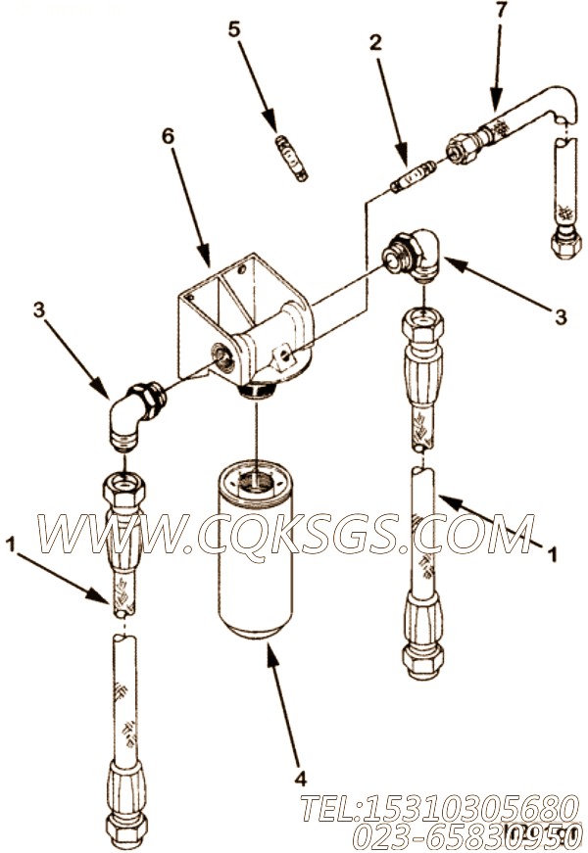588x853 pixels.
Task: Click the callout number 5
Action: pyautogui.click(x=233, y=29)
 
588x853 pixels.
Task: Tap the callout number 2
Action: pyautogui.click(x=375, y=43)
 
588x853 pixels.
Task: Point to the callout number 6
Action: pyautogui.click(x=168, y=136)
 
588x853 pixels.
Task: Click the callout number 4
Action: pyautogui.click(x=300, y=779)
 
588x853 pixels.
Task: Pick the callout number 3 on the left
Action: pyautogui.click(x=38, y=309)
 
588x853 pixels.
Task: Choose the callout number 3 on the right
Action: pyautogui.click(x=561, y=316)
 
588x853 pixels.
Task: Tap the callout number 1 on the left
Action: pyautogui.click(x=11, y=544)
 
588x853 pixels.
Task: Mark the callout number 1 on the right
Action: pyautogui.click(x=552, y=555)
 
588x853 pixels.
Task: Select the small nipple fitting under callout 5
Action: pyautogui.click(x=290, y=158)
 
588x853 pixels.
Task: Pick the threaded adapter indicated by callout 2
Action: pyautogui.click(x=414, y=175)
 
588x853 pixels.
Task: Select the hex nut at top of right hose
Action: pyautogui.click(x=422, y=325)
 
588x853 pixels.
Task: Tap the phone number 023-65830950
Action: pyautogui.click(x=465, y=836)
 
